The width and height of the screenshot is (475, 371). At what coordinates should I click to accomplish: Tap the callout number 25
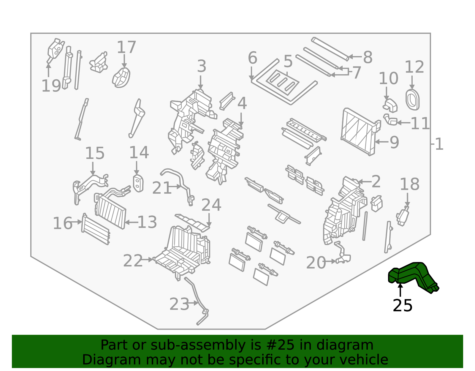tap(403, 305)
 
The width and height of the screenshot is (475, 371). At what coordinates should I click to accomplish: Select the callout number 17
tap(126, 47)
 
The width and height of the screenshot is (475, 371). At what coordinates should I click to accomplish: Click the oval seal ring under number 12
tap(412, 100)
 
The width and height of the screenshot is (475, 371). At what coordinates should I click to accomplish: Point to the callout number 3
tap(201, 66)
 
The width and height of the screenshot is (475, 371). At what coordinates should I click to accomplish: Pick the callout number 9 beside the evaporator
tap(395, 142)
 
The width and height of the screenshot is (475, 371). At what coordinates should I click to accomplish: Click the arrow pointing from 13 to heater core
tap(131, 222)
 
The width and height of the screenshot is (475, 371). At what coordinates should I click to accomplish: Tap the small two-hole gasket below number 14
tap(138, 183)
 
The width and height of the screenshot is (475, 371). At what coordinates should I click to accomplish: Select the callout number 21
tap(161, 188)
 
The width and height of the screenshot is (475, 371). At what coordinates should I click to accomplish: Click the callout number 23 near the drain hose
tap(179, 304)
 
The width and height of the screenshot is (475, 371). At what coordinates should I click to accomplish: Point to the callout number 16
tap(63, 223)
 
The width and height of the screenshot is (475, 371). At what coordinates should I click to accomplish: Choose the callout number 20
tap(316, 263)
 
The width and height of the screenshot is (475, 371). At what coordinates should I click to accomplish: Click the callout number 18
tap(409, 184)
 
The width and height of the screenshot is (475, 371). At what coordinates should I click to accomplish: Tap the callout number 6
tap(252, 58)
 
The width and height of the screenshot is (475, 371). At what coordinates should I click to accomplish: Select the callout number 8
tap(368, 57)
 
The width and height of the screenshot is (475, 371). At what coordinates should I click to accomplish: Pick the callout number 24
tap(211, 205)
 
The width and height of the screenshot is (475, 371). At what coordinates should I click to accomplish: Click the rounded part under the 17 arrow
tap(121, 78)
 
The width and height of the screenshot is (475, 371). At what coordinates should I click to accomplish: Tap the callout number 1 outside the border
tap(439, 144)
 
